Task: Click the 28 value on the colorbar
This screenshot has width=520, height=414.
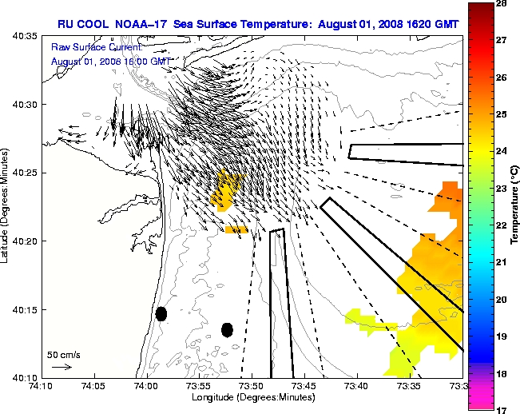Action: pos(504,5)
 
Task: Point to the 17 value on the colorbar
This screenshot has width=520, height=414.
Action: pos(504,409)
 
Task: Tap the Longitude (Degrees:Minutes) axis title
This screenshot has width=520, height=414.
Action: pos(251,397)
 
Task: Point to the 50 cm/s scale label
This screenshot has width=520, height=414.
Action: pos(64,354)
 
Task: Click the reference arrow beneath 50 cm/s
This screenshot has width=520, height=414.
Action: pos(62,367)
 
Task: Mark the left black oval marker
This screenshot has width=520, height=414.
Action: pos(161,313)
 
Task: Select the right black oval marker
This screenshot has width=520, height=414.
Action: pos(227,329)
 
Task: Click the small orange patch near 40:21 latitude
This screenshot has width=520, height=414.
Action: pos(236,229)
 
